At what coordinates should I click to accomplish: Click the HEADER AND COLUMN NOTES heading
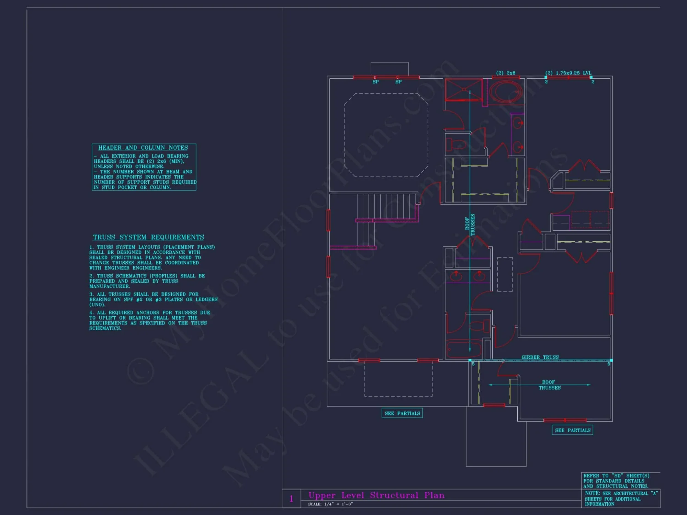point(143,148)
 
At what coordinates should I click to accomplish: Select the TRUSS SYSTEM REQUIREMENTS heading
point(148,237)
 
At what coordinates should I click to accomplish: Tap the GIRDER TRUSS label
point(540,357)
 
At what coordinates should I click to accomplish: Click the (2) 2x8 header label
point(506,73)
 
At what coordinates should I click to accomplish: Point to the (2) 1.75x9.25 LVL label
point(568,73)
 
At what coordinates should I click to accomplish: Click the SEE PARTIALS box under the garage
point(402,413)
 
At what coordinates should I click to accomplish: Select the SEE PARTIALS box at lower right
point(572,430)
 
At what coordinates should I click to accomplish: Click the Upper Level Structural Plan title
point(376,495)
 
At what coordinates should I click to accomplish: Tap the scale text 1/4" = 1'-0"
point(330,504)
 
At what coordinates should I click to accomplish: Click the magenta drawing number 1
point(291,499)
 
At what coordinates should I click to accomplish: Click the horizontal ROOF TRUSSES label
point(549,385)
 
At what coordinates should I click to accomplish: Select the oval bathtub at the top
point(506,92)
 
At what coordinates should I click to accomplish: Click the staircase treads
point(386,206)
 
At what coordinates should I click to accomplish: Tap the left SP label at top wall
point(375,82)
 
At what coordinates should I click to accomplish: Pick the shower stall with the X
point(463,90)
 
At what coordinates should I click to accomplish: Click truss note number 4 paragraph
point(149,320)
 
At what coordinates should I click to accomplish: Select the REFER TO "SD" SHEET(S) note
point(616,481)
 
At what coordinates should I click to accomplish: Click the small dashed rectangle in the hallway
point(505,274)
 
